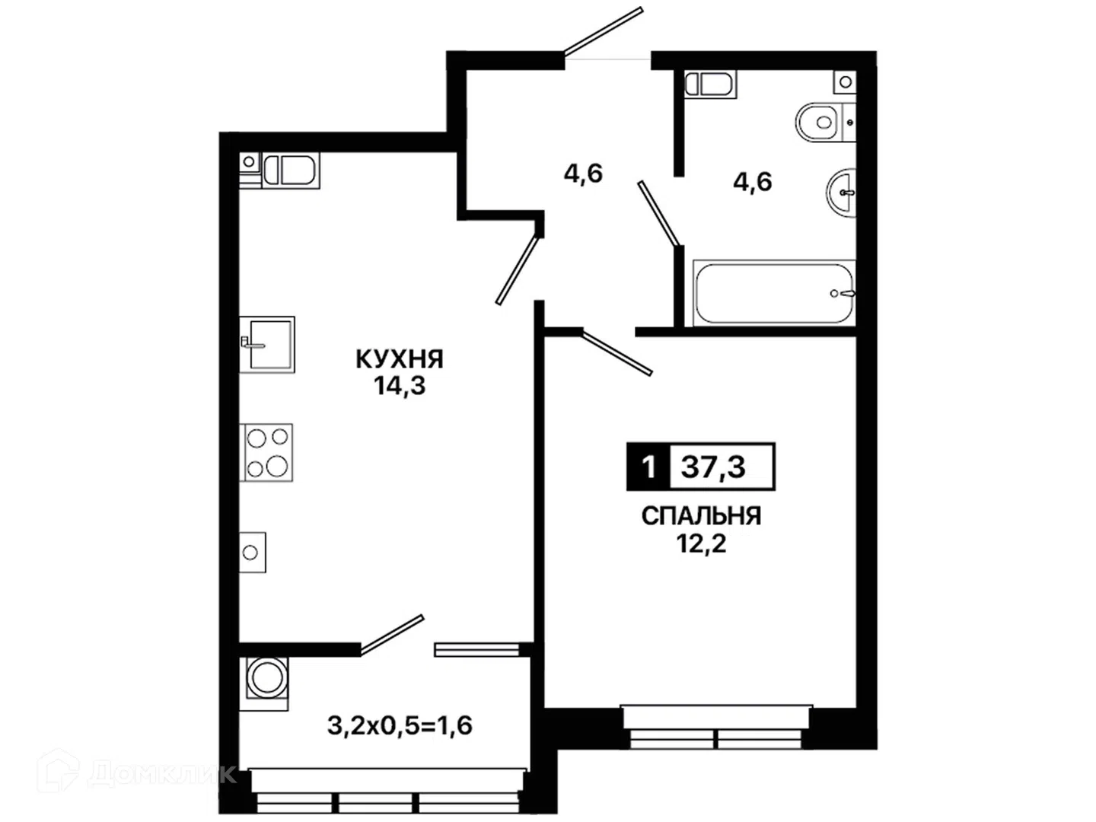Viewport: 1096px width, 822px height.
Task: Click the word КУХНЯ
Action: pyautogui.click(x=400, y=359)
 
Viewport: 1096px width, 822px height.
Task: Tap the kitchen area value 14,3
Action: pyautogui.click(x=400, y=386)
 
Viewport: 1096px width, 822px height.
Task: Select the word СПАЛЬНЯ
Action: pyautogui.click(x=701, y=516)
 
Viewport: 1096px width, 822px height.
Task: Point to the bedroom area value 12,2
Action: pyautogui.click(x=701, y=543)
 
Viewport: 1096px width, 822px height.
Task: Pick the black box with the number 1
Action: pyautogui.click(x=648, y=467)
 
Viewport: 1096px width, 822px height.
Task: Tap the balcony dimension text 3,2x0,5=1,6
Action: pyautogui.click(x=400, y=725)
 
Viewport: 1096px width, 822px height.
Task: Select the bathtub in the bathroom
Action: pyautogui.click(x=774, y=293)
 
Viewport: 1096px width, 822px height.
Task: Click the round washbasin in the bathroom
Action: pyautogui.click(x=841, y=192)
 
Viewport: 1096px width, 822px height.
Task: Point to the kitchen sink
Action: pyautogui.click(x=266, y=344)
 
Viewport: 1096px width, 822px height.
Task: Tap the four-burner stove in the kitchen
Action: pyautogui.click(x=266, y=453)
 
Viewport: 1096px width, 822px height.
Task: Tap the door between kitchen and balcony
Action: pyautogui.click(x=391, y=634)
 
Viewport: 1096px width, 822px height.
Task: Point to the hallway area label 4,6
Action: pyautogui.click(x=583, y=174)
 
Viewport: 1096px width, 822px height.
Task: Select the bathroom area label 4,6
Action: pyautogui.click(x=753, y=182)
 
